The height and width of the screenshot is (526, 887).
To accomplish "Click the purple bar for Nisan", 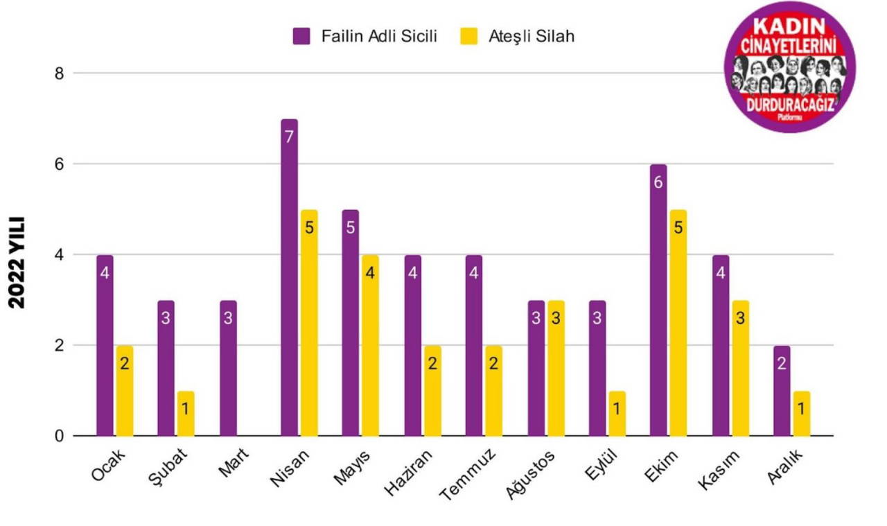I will (x=290, y=277).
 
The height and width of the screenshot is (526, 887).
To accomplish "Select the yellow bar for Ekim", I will (x=678, y=323).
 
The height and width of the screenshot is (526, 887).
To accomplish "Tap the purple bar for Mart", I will (x=229, y=368).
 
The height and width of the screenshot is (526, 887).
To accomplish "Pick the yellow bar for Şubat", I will (x=186, y=414).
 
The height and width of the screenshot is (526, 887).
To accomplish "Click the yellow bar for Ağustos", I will (x=556, y=368).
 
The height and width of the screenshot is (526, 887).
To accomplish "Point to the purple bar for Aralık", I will (x=782, y=391).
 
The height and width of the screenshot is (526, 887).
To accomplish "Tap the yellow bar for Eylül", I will (x=617, y=414).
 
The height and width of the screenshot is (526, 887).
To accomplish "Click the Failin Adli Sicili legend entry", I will (x=365, y=37).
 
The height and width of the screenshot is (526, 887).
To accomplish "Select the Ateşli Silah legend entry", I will (x=518, y=37).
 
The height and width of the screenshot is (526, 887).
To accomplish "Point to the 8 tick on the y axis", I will (x=60, y=73).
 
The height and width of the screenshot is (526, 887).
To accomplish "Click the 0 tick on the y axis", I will (x=60, y=436).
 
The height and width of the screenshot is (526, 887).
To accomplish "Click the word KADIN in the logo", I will (x=789, y=28).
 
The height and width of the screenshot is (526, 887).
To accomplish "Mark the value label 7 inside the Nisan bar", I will (x=290, y=137).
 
